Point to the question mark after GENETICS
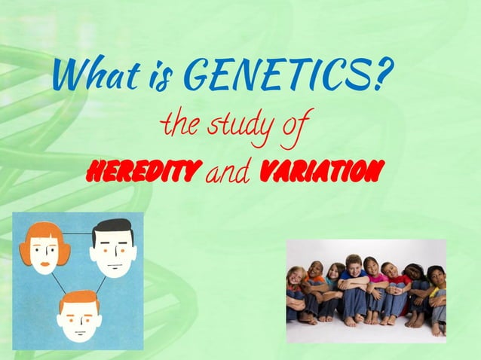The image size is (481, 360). pyautogui.click(x=383, y=75)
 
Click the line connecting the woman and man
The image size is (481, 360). pyautogui.click(x=79, y=234)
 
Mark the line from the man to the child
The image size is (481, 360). pyautogui.click(x=101, y=285)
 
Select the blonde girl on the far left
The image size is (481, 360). pyautogui.click(x=296, y=286)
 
